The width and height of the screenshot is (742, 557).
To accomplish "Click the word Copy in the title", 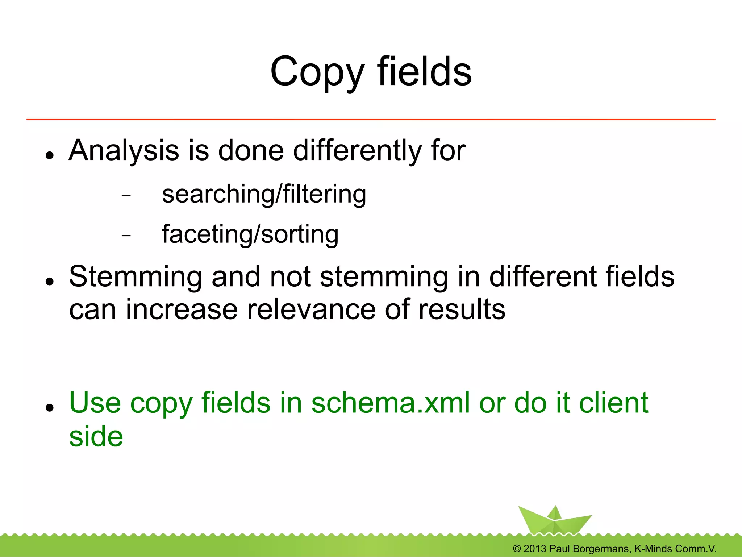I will [317, 72].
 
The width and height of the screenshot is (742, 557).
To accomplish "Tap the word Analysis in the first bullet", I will [124, 151].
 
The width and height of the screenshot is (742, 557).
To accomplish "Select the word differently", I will [357, 151].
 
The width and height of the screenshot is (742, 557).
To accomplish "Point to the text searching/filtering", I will [264, 195].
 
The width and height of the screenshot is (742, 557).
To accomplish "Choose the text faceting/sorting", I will [250, 235].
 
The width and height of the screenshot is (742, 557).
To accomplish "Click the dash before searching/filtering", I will [126, 196].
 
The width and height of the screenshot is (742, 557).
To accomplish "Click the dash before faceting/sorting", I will [126, 236].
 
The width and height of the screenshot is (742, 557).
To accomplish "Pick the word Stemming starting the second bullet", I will [135, 277].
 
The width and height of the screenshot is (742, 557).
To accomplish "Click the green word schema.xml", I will [391, 403].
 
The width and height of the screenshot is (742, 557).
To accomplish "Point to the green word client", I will [613, 403].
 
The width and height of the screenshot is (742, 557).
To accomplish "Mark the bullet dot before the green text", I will [50, 408].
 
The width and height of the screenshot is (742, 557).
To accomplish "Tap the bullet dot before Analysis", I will [50, 155].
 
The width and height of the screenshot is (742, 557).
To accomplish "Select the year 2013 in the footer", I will [535, 549].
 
